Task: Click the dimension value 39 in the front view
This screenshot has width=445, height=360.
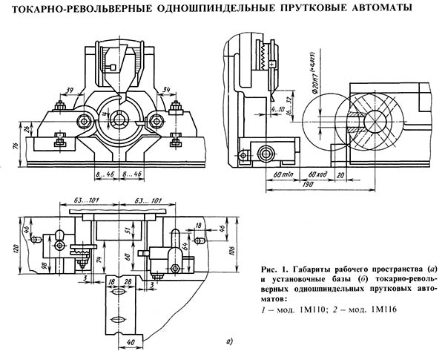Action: point(69,90)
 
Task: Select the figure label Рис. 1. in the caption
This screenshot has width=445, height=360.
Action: point(274,268)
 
